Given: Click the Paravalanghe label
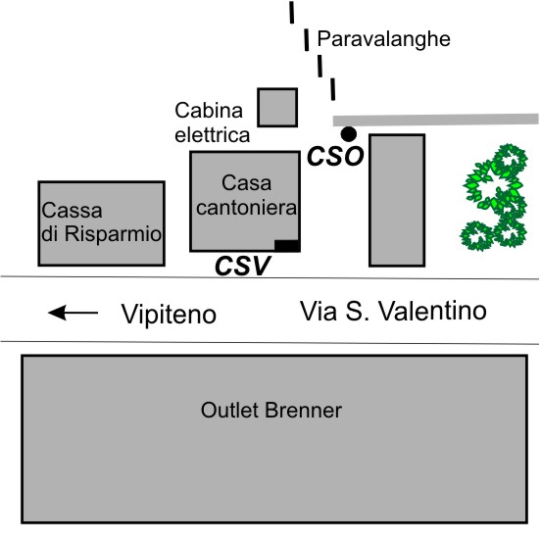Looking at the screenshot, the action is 383,39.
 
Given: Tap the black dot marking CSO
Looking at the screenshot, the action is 349,134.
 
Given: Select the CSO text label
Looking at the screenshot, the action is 335,156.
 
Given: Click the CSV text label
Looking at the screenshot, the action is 242,266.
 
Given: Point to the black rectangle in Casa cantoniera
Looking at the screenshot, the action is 287,246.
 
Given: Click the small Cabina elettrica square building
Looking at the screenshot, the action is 277,107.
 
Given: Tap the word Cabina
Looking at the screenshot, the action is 209,111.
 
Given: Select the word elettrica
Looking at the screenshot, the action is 213,135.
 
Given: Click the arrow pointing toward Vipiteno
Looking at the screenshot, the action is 74,313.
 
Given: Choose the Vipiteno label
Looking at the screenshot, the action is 169,315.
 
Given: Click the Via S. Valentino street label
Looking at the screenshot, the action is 393,312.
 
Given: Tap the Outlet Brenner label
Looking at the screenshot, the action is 271,411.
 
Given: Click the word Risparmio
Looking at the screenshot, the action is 113,234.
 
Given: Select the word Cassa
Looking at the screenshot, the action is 72,210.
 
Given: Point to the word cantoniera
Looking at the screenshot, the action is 246,208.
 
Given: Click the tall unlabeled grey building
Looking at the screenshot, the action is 397,200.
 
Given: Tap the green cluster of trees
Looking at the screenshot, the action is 494,197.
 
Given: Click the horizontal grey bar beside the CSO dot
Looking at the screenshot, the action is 435,120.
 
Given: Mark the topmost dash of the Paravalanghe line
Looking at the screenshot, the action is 292,12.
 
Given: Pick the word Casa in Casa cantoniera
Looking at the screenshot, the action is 246,183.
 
